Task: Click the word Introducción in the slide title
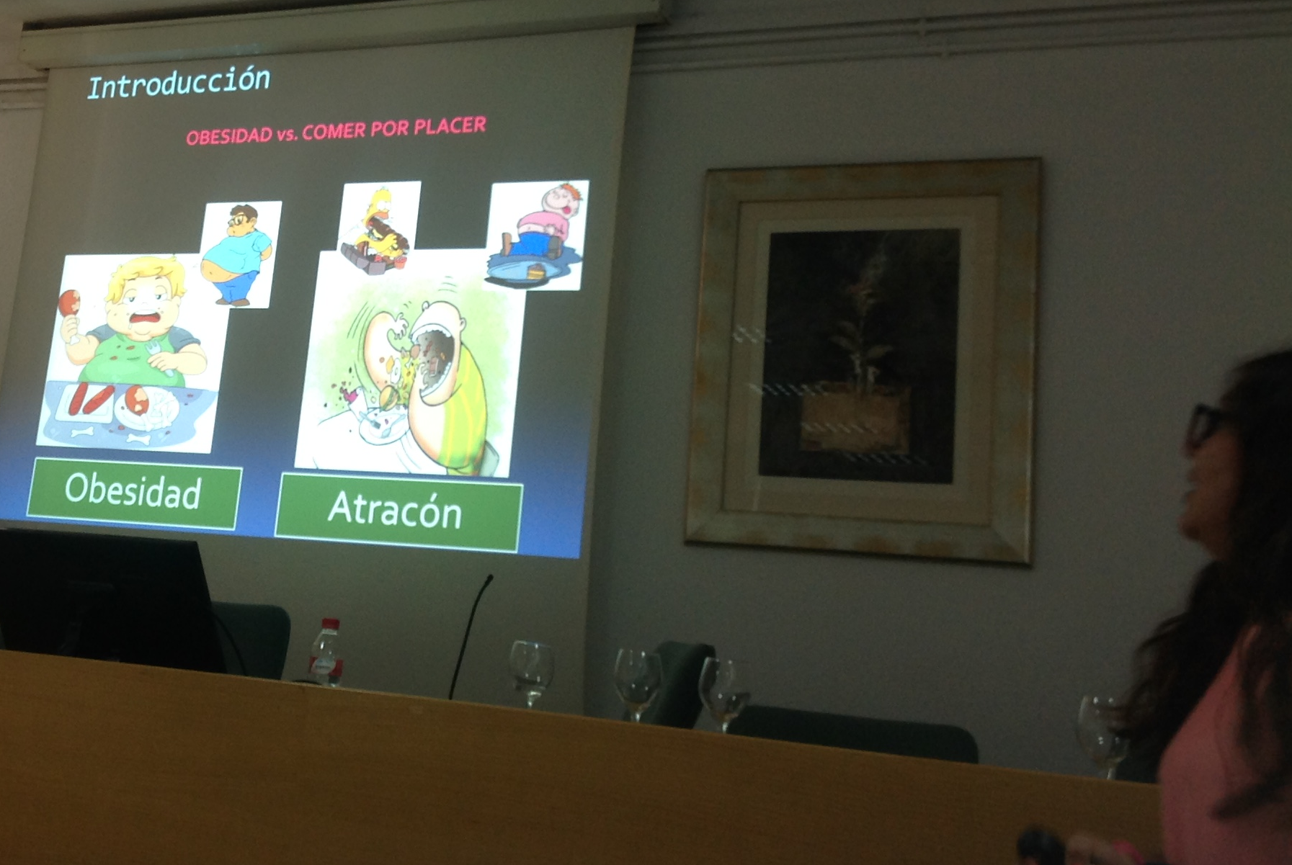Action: click(179, 83)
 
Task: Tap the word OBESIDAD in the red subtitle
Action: click(229, 136)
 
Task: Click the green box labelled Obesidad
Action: click(134, 493)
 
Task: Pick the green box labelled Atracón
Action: click(398, 511)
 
